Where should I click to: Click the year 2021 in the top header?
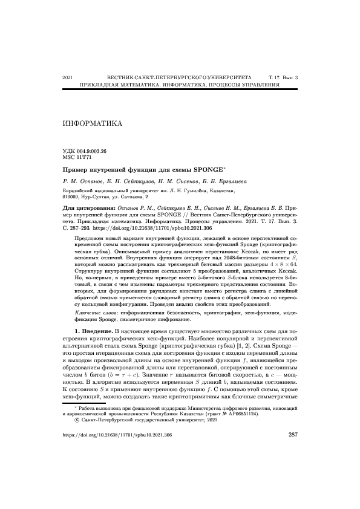[x=68, y=79]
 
